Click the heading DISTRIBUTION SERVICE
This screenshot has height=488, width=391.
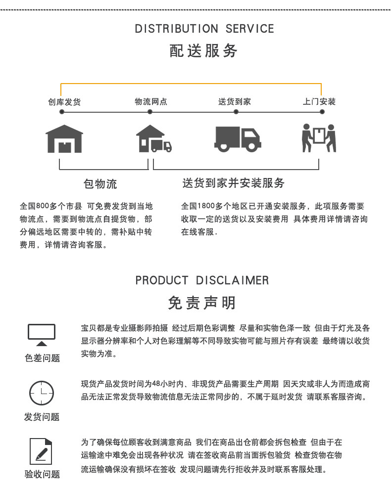(204, 29)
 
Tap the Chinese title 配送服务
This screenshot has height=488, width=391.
(204, 50)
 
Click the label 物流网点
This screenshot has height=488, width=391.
(151, 102)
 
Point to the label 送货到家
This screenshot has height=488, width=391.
(235, 102)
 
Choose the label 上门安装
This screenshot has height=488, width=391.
(319, 102)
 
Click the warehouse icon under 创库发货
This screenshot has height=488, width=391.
(64, 138)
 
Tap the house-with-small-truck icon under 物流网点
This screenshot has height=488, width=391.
(154, 138)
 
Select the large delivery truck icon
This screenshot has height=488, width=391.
(238, 138)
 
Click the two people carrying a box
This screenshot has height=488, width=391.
(319, 138)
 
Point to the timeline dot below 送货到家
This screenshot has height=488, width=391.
(236, 112)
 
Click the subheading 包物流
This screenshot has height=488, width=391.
(100, 184)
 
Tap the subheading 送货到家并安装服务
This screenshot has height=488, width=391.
(234, 183)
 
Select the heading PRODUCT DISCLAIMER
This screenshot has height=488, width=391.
(202, 280)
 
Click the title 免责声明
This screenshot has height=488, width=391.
(201, 303)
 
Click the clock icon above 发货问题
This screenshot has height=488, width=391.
(42, 393)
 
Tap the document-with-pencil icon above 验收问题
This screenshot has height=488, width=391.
(42, 451)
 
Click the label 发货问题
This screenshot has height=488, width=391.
(42, 417)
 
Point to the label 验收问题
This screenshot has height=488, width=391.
(42, 475)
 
